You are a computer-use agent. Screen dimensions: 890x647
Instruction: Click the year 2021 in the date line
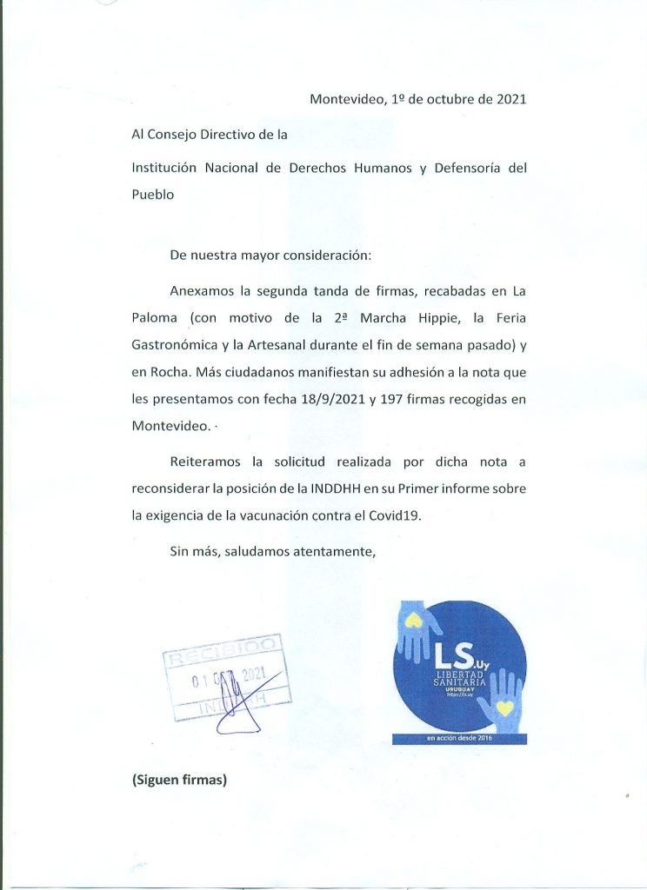(511, 99)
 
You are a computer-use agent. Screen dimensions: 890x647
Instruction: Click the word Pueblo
(153, 195)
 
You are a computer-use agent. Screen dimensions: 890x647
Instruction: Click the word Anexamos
(202, 291)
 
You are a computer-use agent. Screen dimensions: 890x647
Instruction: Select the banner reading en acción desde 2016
(459, 739)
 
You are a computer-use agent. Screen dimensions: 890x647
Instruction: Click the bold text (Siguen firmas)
(179, 780)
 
